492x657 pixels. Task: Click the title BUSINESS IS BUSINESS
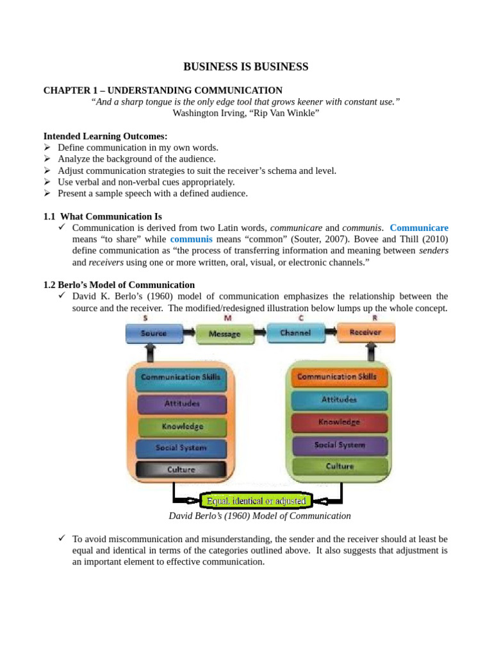246,67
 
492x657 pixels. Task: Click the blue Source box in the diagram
153,333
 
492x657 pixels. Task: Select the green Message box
224,334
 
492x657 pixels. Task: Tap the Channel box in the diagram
295,333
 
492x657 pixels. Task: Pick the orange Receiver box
366,332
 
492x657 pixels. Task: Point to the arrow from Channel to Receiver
331,332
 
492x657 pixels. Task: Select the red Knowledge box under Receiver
340,422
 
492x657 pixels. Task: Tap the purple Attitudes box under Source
181,404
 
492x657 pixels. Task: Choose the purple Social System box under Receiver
340,445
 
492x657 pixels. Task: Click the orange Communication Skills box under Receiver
340,377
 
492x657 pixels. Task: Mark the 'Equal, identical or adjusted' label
256,500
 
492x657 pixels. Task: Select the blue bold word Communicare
419,228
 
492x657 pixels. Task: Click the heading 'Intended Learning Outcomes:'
106,136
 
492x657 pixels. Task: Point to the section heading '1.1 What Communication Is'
102,216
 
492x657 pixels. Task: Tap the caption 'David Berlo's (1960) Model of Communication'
259,516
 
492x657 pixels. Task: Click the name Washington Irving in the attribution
204,113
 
